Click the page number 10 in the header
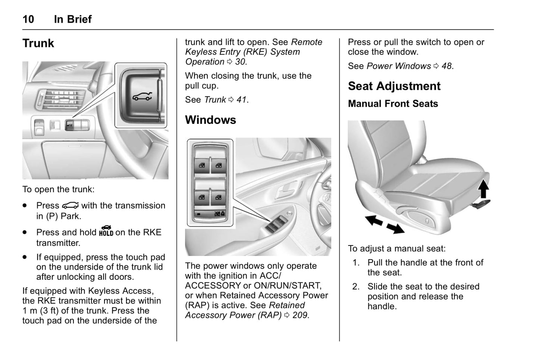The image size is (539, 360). (28, 19)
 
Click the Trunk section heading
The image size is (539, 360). (38, 43)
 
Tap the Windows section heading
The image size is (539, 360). (210, 120)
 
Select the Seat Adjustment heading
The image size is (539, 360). (394, 86)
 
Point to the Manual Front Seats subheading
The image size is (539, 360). (393, 104)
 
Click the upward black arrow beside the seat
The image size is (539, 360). (483, 189)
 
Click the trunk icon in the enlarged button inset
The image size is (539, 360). (142, 97)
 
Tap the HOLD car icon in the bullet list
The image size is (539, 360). (106, 231)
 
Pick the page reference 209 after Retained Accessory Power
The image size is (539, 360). (300, 315)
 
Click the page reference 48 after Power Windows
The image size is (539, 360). (446, 66)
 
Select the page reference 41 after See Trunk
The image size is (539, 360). (241, 100)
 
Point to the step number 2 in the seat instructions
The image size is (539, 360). (356, 287)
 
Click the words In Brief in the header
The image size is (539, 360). (73, 19)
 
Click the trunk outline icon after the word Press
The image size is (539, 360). (70, 206)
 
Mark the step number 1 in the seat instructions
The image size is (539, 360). (356, 263)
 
